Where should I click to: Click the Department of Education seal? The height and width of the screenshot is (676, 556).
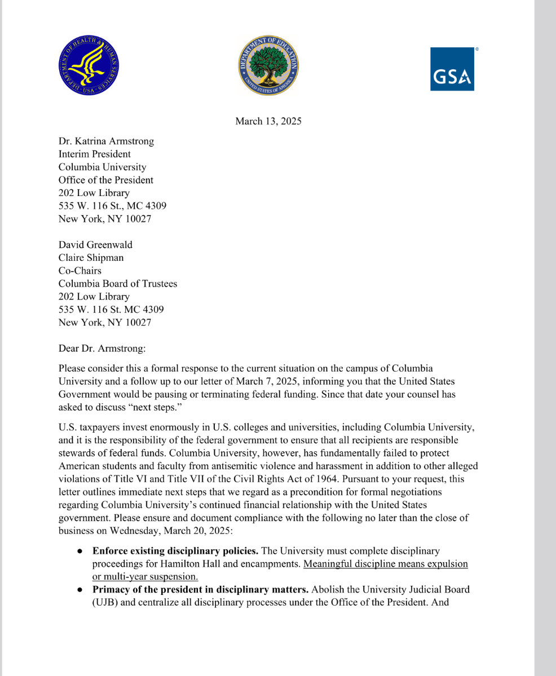tap(268, 66)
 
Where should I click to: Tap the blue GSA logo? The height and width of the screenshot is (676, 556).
tap(452, 69)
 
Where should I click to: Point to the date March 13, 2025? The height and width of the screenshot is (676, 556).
tap(268, 121)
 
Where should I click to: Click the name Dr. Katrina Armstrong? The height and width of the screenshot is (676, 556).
tap(106, 141)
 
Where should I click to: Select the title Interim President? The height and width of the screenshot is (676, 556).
tap(94, 154)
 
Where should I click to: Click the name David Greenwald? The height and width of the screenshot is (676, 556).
tap(95, 244)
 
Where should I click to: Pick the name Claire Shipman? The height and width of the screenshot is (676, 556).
tap(91, 257)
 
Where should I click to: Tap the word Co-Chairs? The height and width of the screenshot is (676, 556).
tap(80, 270)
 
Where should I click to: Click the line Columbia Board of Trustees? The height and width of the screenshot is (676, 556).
tap(117, 283)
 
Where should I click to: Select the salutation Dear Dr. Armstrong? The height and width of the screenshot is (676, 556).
tap(102, 349)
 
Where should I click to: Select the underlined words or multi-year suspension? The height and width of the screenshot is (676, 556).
tap(145, 576)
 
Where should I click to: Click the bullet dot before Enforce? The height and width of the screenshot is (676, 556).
tap(81, 551)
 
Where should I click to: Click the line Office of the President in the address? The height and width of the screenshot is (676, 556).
tap(105, 180)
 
